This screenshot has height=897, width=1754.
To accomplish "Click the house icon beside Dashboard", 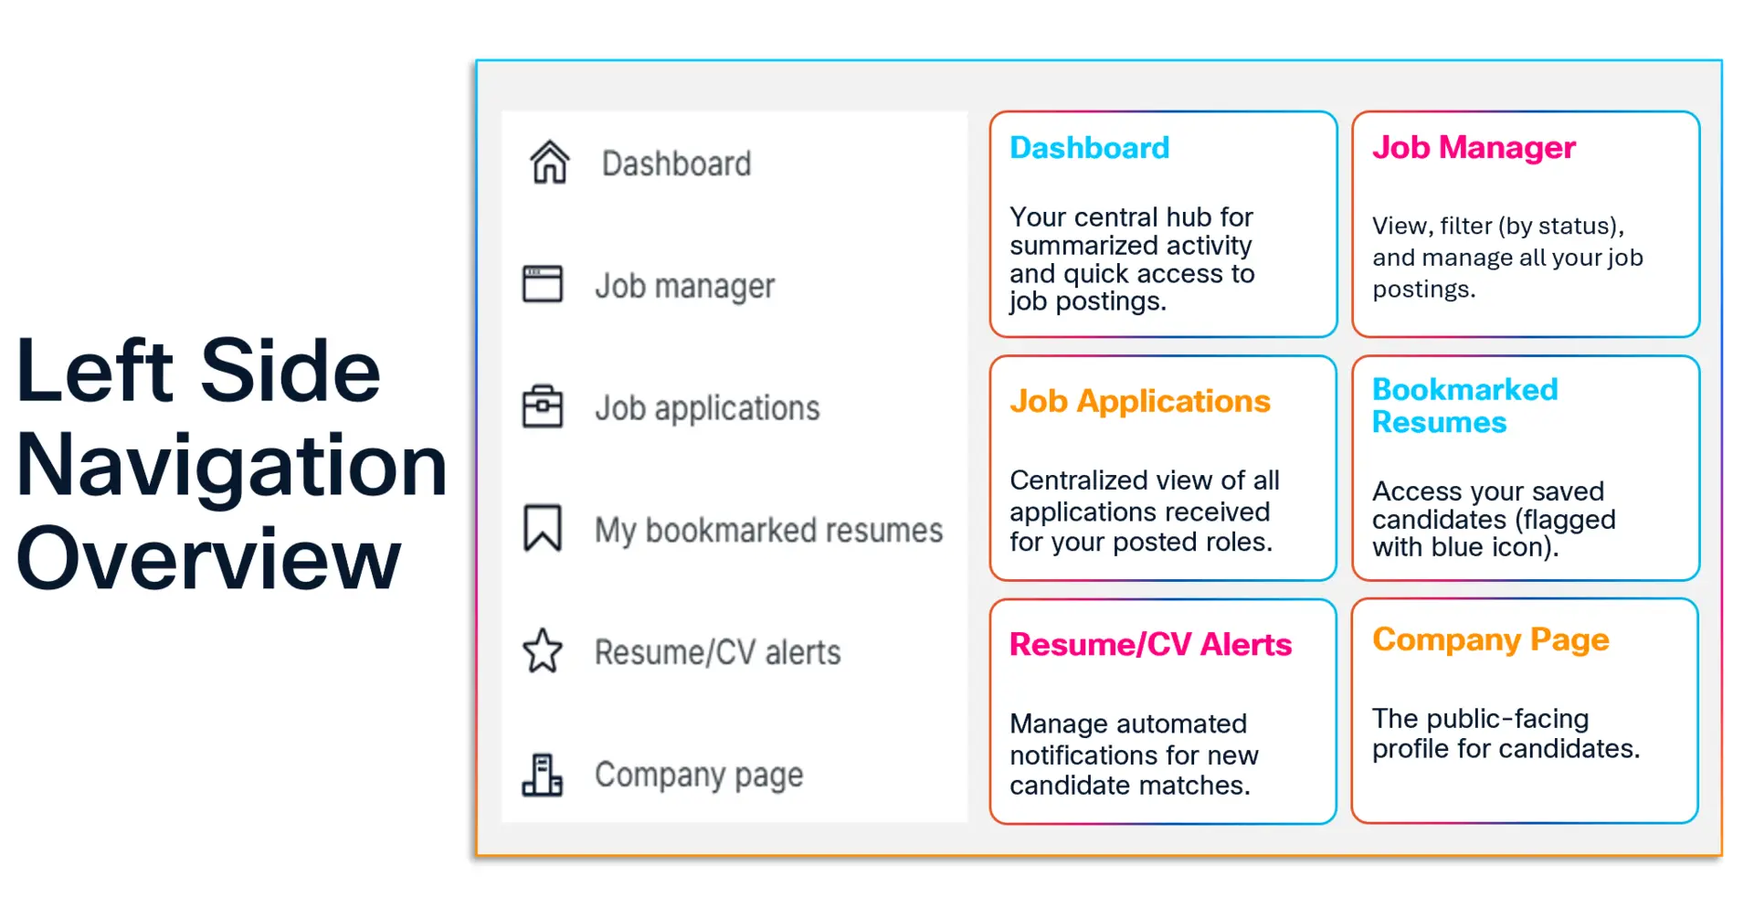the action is [x=550, y=163].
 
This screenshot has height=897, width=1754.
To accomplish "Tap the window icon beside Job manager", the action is [x=543, y=284].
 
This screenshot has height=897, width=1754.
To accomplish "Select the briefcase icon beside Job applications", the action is [x=543, y=406].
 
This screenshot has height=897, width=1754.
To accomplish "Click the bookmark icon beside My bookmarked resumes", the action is [x=543, y=528].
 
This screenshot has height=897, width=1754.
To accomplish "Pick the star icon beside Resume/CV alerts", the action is [x=543, y=651].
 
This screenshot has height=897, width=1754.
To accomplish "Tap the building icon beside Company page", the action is [x=543, y=775].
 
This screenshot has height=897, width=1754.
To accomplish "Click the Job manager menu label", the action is [x=685, y=286].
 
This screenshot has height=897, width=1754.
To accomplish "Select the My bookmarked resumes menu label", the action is [x=769, y=531].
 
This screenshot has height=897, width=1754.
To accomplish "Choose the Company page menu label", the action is [x=700, y=776].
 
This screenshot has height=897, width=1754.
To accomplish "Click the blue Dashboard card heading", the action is [x=1090, y=148].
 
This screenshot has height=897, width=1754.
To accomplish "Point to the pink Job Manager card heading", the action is [x=1474, y=148].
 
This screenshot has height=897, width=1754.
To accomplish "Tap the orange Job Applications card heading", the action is [x=1140, y=402].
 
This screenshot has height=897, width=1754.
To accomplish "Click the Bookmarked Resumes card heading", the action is [x=1465, y=406].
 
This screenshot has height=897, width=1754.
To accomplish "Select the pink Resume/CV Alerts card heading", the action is [x=1151, y=645].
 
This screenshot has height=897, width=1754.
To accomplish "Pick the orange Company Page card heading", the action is [x=1491, y=640].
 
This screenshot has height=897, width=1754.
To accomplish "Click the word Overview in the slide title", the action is [x=209, y=558].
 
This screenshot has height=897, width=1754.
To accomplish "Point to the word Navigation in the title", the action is [x=232, y=466].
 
